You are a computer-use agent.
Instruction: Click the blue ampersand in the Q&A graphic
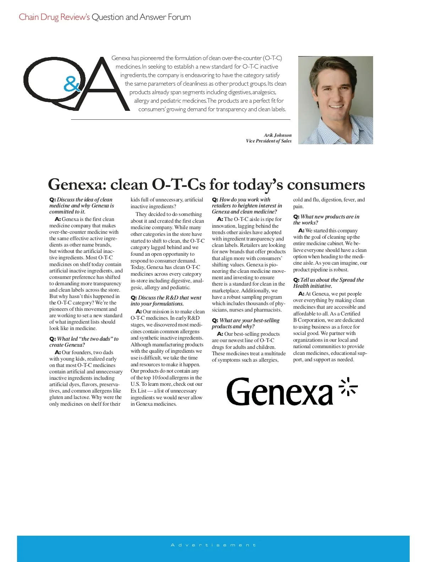72,85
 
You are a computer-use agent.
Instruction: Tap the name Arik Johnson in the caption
278,135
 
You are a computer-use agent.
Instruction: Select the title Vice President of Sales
269,141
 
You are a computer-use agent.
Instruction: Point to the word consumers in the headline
326,185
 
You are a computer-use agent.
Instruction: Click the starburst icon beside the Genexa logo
348,387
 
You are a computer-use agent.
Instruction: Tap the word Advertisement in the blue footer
213,545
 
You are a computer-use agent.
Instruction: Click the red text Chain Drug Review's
54,17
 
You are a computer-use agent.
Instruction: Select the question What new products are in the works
326,220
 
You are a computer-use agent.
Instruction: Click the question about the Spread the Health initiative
328,283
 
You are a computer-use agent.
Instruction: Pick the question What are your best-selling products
246,323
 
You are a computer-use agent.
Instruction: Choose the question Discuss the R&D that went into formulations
166,301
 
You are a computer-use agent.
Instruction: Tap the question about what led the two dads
84,342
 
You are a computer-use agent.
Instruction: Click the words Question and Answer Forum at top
141,17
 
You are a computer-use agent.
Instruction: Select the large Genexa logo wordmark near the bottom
280,392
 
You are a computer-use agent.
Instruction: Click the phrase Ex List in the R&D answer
138,391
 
